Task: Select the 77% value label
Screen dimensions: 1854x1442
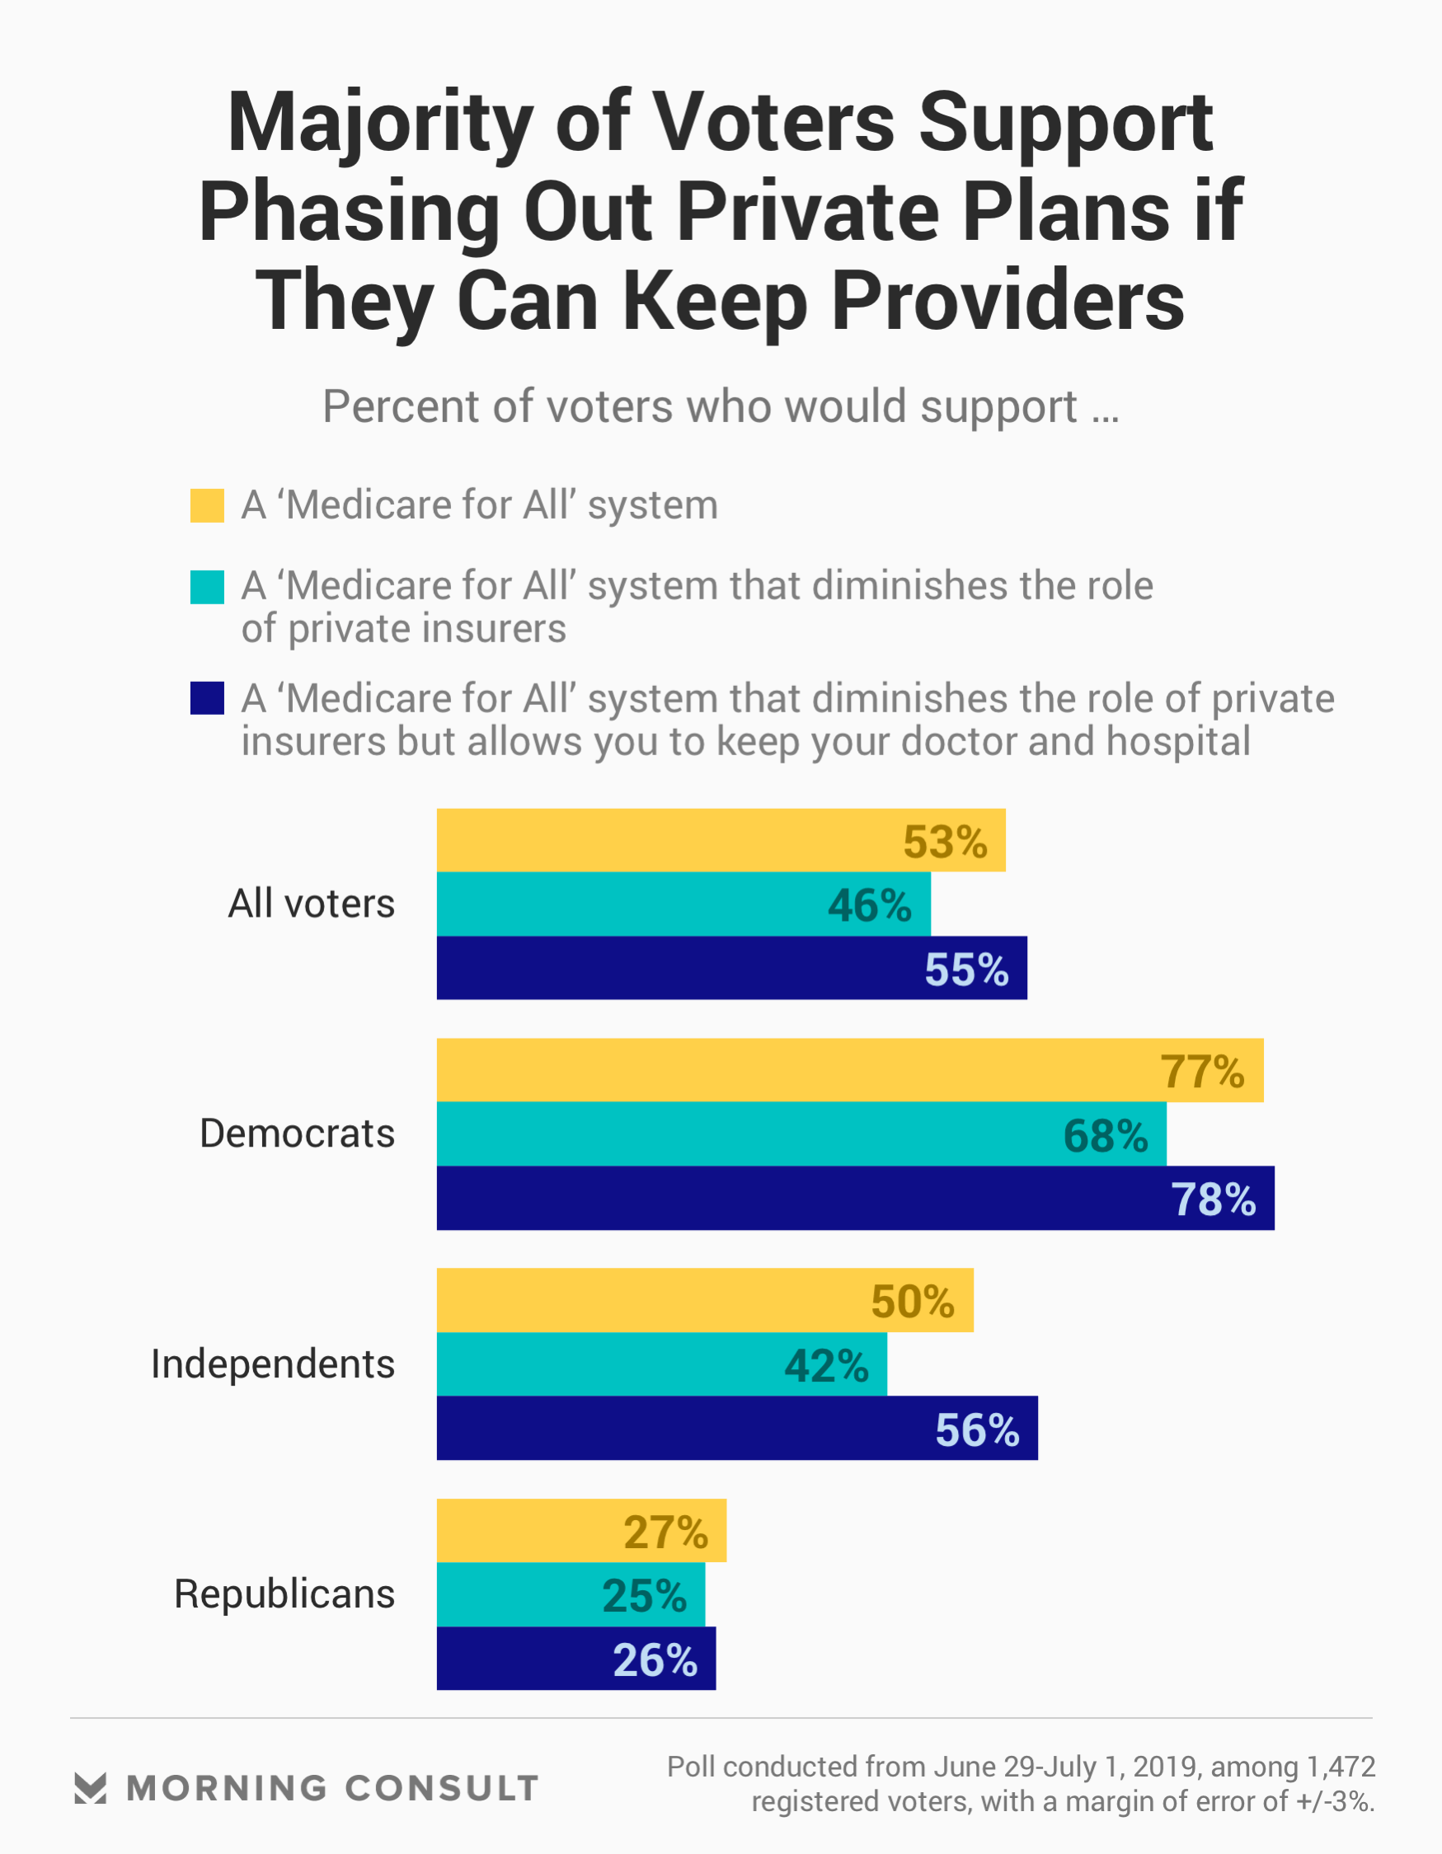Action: (1202, 1072)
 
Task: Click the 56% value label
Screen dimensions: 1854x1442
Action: (977, 1430)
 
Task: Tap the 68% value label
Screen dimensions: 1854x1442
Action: (1105, 1136)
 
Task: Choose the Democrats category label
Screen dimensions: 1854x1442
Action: (298, 1134)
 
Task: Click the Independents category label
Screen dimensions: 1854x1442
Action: (273, 1364)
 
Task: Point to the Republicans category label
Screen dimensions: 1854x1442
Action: (284, 1594)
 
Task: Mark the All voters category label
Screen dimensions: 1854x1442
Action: (311, 904)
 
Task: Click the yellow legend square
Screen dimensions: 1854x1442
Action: (207, 505)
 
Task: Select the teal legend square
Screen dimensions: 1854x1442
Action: (207, 587)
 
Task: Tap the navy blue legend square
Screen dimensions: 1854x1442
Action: (207, 697)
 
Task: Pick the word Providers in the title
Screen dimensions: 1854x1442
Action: (1008, 302)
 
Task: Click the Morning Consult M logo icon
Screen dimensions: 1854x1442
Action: (90, 1788)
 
